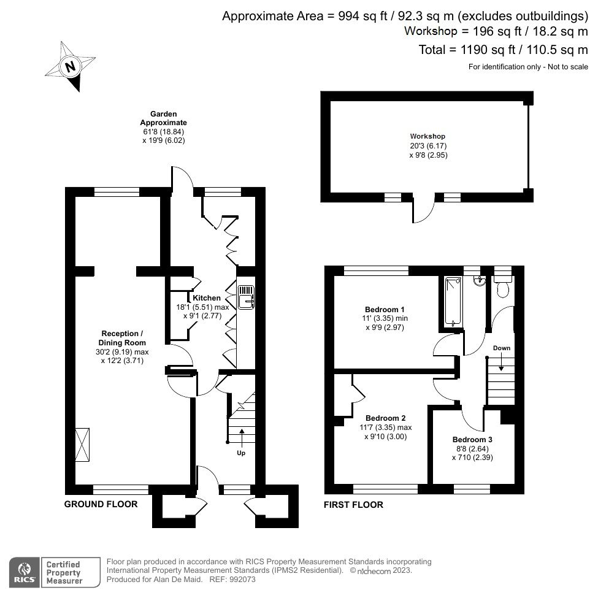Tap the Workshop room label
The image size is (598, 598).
point(427,136)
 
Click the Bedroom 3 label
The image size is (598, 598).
point(472,440)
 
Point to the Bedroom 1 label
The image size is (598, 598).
point(385,309)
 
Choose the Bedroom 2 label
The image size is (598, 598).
point(385,418)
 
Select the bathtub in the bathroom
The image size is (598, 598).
point(453,301)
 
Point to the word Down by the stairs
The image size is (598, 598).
point(501,348)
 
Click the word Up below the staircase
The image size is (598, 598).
point(242,453)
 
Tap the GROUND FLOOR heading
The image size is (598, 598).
point(101,504)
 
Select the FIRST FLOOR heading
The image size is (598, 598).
point(353,505)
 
